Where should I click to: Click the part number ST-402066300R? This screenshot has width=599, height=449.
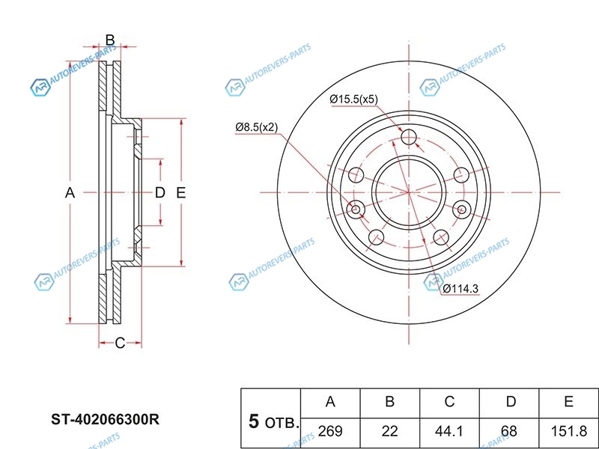click(x=106, y=420)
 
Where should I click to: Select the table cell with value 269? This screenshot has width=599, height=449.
click(x=330, y=431)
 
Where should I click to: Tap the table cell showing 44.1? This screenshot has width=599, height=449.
click(x=449, y=431)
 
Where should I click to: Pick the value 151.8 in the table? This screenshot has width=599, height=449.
click(x=568, y=431)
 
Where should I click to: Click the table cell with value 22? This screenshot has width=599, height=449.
click(x=389, y=431)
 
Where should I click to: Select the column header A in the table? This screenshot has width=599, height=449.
click(x=330, y=402)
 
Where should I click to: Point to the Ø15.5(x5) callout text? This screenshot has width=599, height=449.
click(x=353, y=100)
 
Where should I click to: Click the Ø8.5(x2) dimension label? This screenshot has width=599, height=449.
click(x=256, y=127)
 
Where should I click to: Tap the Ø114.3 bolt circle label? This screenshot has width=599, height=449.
click(x=460, y=288)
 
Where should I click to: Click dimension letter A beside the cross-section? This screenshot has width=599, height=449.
click(x=70, y=193)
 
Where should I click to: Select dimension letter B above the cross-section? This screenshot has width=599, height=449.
click(x=110, y=40)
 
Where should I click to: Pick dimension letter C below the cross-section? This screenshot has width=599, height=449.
click(x=120, y=343)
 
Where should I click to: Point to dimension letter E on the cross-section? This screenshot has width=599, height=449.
click(x=180, y=193)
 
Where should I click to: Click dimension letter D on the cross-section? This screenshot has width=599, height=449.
click(x=159, y=193)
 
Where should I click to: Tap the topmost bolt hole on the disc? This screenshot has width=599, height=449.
click(x=409, y=137)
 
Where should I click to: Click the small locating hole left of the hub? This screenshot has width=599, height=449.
click(x=356, y=210)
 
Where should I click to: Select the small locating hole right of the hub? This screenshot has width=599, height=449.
click(x=462, y=210)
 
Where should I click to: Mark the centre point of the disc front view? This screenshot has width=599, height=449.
click(x=409, y=192)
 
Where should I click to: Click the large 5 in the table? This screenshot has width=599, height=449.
click(x=254, y=421)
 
